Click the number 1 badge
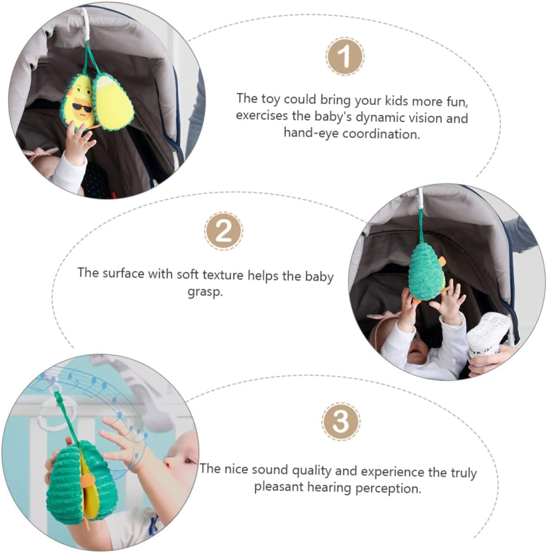tap(345, 56)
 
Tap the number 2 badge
tap(223, 231)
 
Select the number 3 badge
tap(341, 421)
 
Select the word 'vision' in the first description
tap(426, 118)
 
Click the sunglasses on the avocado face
tap(82, 107)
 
